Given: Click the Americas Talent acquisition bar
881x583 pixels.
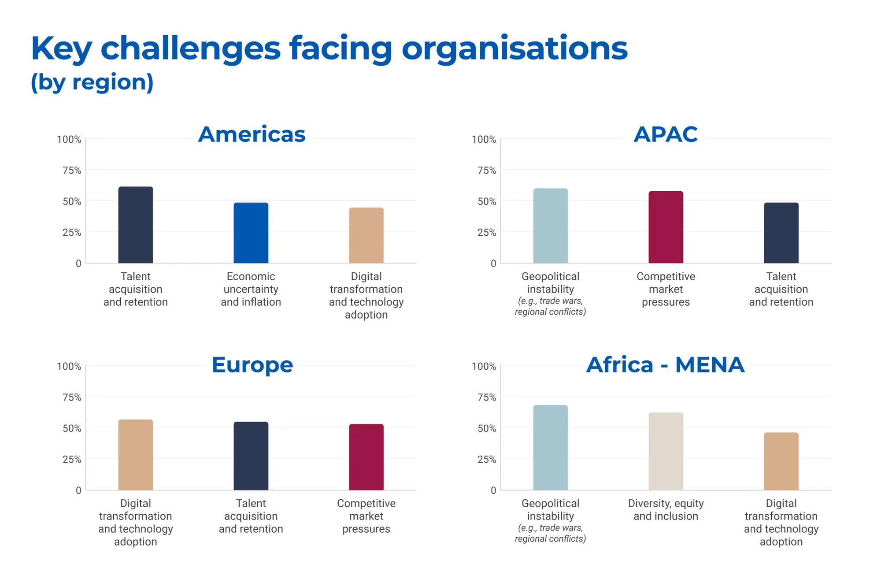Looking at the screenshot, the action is (x=136, y=225).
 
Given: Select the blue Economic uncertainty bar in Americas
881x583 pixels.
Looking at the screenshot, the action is (x=251, y=233).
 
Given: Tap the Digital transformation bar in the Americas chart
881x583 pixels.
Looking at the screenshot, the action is (x=366, y=235).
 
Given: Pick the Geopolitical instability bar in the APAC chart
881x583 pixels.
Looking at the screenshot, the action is (x=551, y=226).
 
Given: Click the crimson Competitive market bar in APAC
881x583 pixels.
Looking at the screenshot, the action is (x=666, y=227).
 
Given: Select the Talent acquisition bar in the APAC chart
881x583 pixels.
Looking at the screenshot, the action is (x=781, y=233).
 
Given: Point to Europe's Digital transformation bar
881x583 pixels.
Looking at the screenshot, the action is (x=136, y=455).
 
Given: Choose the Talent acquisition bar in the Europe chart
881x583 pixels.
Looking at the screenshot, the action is (x=251, y=456).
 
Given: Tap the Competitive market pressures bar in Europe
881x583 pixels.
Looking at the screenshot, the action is (x=366, y=457).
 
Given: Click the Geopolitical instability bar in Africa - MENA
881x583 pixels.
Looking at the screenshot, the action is (x=551, y=448).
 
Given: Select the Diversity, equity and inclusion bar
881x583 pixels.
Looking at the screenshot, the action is (x=666, y=451).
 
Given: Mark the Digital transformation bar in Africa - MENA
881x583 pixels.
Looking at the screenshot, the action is (x=781, y=461).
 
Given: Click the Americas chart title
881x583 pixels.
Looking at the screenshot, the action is (x=252, y=134).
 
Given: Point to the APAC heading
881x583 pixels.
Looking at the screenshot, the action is (x=666, y=134).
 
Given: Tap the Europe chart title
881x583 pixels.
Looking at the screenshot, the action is (x=252, y=365).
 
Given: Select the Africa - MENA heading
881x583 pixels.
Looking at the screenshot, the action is (x=666, y=365).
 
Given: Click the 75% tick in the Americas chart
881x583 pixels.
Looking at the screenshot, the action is (x=72, y=171).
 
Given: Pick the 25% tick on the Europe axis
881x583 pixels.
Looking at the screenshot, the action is (x=72, y=460).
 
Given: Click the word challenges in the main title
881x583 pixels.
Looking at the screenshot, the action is (x=191, y=48).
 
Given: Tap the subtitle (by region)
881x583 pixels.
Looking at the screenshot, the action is (x=92, y=82).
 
